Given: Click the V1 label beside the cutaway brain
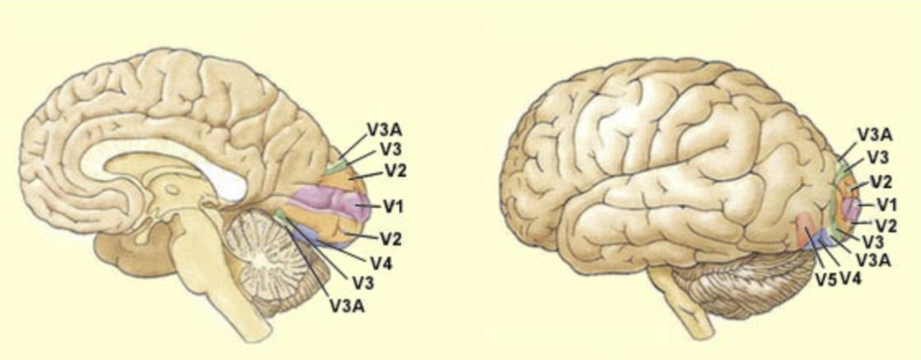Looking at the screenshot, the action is point(392,204).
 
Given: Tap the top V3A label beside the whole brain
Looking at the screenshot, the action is point(876,134).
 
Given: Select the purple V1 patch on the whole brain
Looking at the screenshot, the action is point(849,205).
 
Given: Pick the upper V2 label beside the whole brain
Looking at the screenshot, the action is point(882,181).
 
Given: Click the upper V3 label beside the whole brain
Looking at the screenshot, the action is point(878,156).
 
